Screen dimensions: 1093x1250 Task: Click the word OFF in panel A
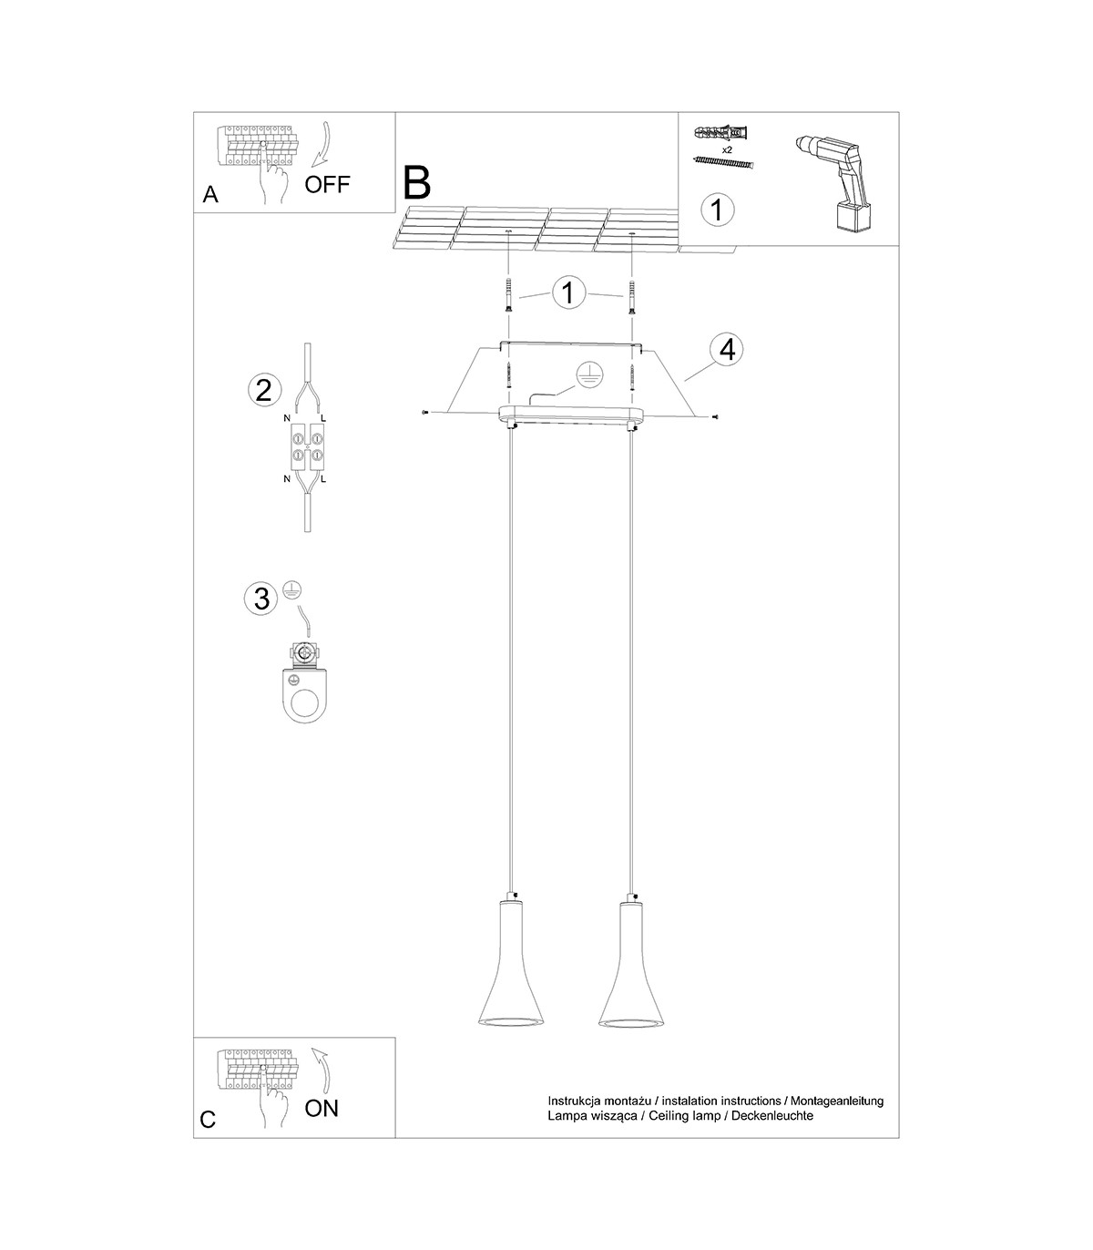pyautogui.click(x=327, y=184)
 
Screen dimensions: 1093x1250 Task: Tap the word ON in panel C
pyautogui.click(x=322, y=1108)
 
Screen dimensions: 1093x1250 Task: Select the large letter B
pyautogui.click(x=417, y=182)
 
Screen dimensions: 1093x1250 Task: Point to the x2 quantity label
pyautogui.click(x=727, y=149)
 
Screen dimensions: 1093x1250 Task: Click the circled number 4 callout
pyautogui.click(x=727, y=350)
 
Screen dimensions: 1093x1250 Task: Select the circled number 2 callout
pyautogui.click(x=264, y=390)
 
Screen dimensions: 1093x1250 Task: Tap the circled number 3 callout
pyautogui.click(x=260, y=599)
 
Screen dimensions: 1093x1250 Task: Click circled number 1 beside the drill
pyautogui.click(x=718, y=210)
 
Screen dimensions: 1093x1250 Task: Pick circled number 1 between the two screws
pyautogui.click(x=568, y=292)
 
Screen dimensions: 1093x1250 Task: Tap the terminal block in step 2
pyautogui.click(x=307, y=446)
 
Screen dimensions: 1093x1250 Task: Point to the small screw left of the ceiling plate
pyautogui.click(x=424, y=413)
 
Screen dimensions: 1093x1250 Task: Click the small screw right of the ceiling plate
pyautogui.click(x=715, y=416)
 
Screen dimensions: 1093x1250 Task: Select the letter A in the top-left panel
pyautogui.click(x=210, y=194)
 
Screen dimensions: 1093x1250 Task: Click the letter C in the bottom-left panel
pyautogui.click(x=208, y=1119)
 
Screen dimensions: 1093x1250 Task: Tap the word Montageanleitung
pyautogui.click(x=837, y=1101)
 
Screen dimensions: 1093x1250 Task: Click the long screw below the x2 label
pyautogui.click(x=724, y=162)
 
